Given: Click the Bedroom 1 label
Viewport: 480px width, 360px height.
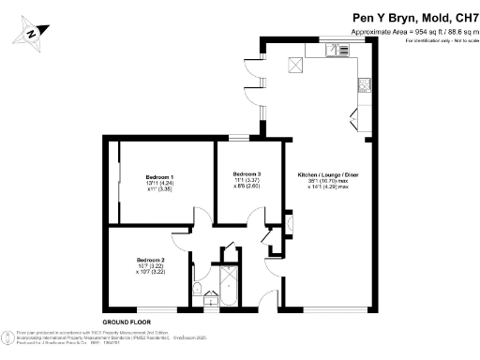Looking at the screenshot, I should pyautogui.click(x=159, y=177).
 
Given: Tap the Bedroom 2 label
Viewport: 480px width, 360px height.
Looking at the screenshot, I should pyautogui.click(x=150, y=260).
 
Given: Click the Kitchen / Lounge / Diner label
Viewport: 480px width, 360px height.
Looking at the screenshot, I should pyautogui.click(x=327, y=175).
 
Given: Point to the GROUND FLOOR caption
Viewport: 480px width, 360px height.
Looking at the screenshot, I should pyautogui.click(x=127, y=322).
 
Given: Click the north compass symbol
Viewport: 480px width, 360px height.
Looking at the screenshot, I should pyautogui.click(x=33, y=32).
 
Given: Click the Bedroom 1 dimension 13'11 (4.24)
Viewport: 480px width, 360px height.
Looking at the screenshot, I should pyautogui.click(x=159, y=183).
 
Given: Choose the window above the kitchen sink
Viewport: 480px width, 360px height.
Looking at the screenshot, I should pyautogui.click(x=335, y=40).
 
